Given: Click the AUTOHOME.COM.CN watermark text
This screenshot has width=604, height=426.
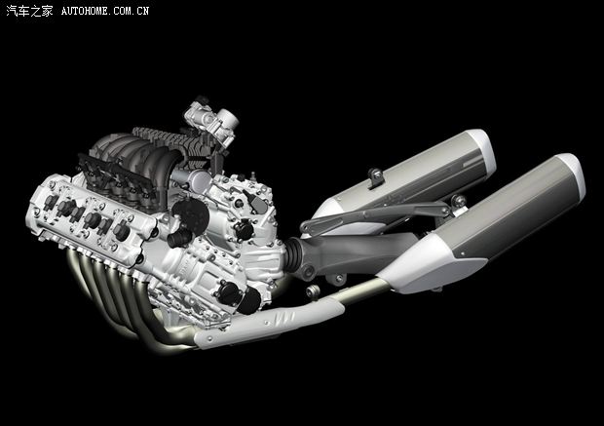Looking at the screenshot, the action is pyautogui.click(x=105, y=11).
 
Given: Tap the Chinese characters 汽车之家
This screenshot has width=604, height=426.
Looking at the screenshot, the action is pyautogui.click(x=29, y=11).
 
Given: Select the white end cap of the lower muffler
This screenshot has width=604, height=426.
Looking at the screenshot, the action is pyautogui.click(x=571, y=175).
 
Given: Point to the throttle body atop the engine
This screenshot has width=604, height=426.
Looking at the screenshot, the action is pyautogui.click(x=211, y=120).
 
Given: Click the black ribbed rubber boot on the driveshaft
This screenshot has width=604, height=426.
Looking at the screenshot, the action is pyautogui.click(x=294, y=254).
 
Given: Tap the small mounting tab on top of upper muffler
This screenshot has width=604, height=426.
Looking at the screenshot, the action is pyautogui.click(x=376, y=177).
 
